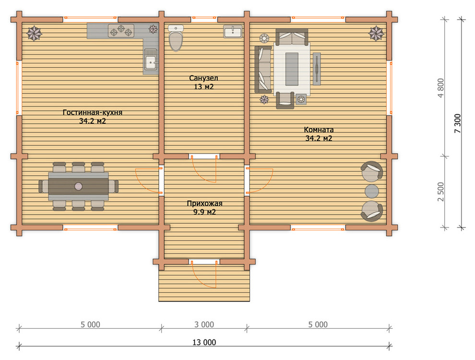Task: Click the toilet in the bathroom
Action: pyautogui.click(x=176, y=38)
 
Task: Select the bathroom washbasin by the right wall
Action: pyautogui.click(x=233, y=31)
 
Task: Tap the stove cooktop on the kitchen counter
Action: pyautogui.click(x=121, y=31)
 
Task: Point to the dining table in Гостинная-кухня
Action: pyautogui.click(x=79, y=186)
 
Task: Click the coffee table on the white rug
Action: pyautogui.click(x=292, y=69)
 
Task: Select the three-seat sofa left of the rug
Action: pyautogui.click(x=263, y=69)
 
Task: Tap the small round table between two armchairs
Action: pyautogui.click(x=371, y=191)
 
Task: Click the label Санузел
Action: pyautogui.click(x=203, y=78)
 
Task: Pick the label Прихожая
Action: pyautogui.click(x=204, y=204)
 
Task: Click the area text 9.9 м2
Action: pyautogui.click(x=204, y=212)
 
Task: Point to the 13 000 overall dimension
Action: pyautogui.click(x=204, y=342)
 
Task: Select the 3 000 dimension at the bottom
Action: pyautogui.click(x=204, y=324)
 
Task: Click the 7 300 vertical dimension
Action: pyautogui.click(x=457, y=123)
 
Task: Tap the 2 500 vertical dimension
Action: pyautogui.click(x=441, y=192)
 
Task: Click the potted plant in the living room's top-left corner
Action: pyautogui.click(x=34, y=33)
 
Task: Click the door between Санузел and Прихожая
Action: pyautogui.click(x=204, y=169)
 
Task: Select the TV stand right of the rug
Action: pyautogui.click(x=317, y=69)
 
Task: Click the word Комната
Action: pyautogui.click(x=319, y=130)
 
